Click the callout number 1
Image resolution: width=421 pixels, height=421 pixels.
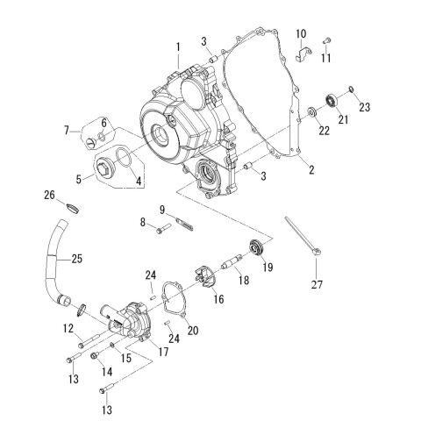pos(177,45)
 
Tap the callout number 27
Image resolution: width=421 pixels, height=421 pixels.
pos(317,283)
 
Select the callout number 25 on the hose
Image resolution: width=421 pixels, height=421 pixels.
pos(76,259)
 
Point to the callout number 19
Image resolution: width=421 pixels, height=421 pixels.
pos(268,268)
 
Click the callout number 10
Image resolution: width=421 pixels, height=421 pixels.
pos(300,34)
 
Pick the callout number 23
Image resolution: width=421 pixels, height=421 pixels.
pos(366,108)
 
